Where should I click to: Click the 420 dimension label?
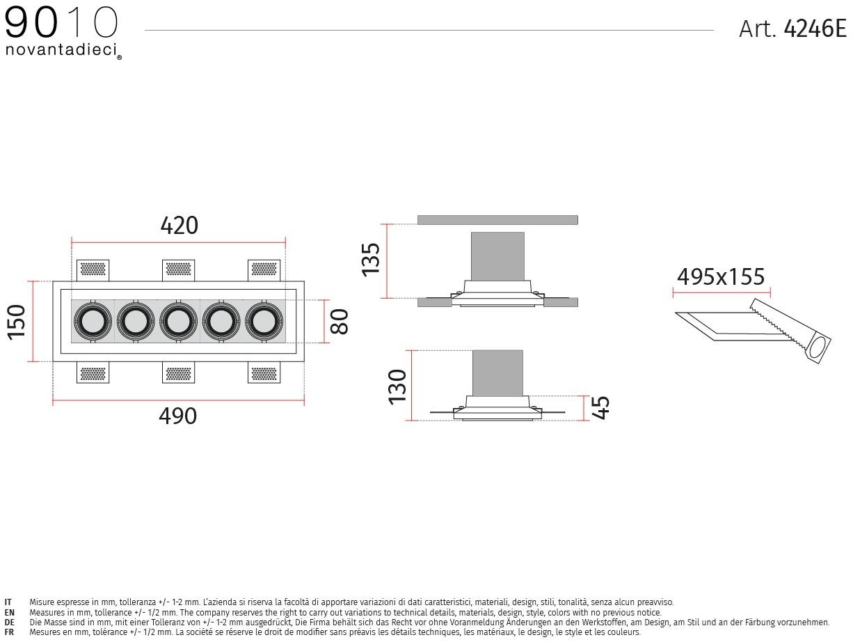(179, 225)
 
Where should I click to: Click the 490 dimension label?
(178, 416)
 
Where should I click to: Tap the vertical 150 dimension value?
(16, 322)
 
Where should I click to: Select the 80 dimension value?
(339, 322)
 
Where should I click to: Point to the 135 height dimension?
(370, 260)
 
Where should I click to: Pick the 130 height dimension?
(397, 387)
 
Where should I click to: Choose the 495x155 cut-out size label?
(721, 277)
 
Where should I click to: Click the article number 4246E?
(815, 29)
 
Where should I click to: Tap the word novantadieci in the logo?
(61, 49)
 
